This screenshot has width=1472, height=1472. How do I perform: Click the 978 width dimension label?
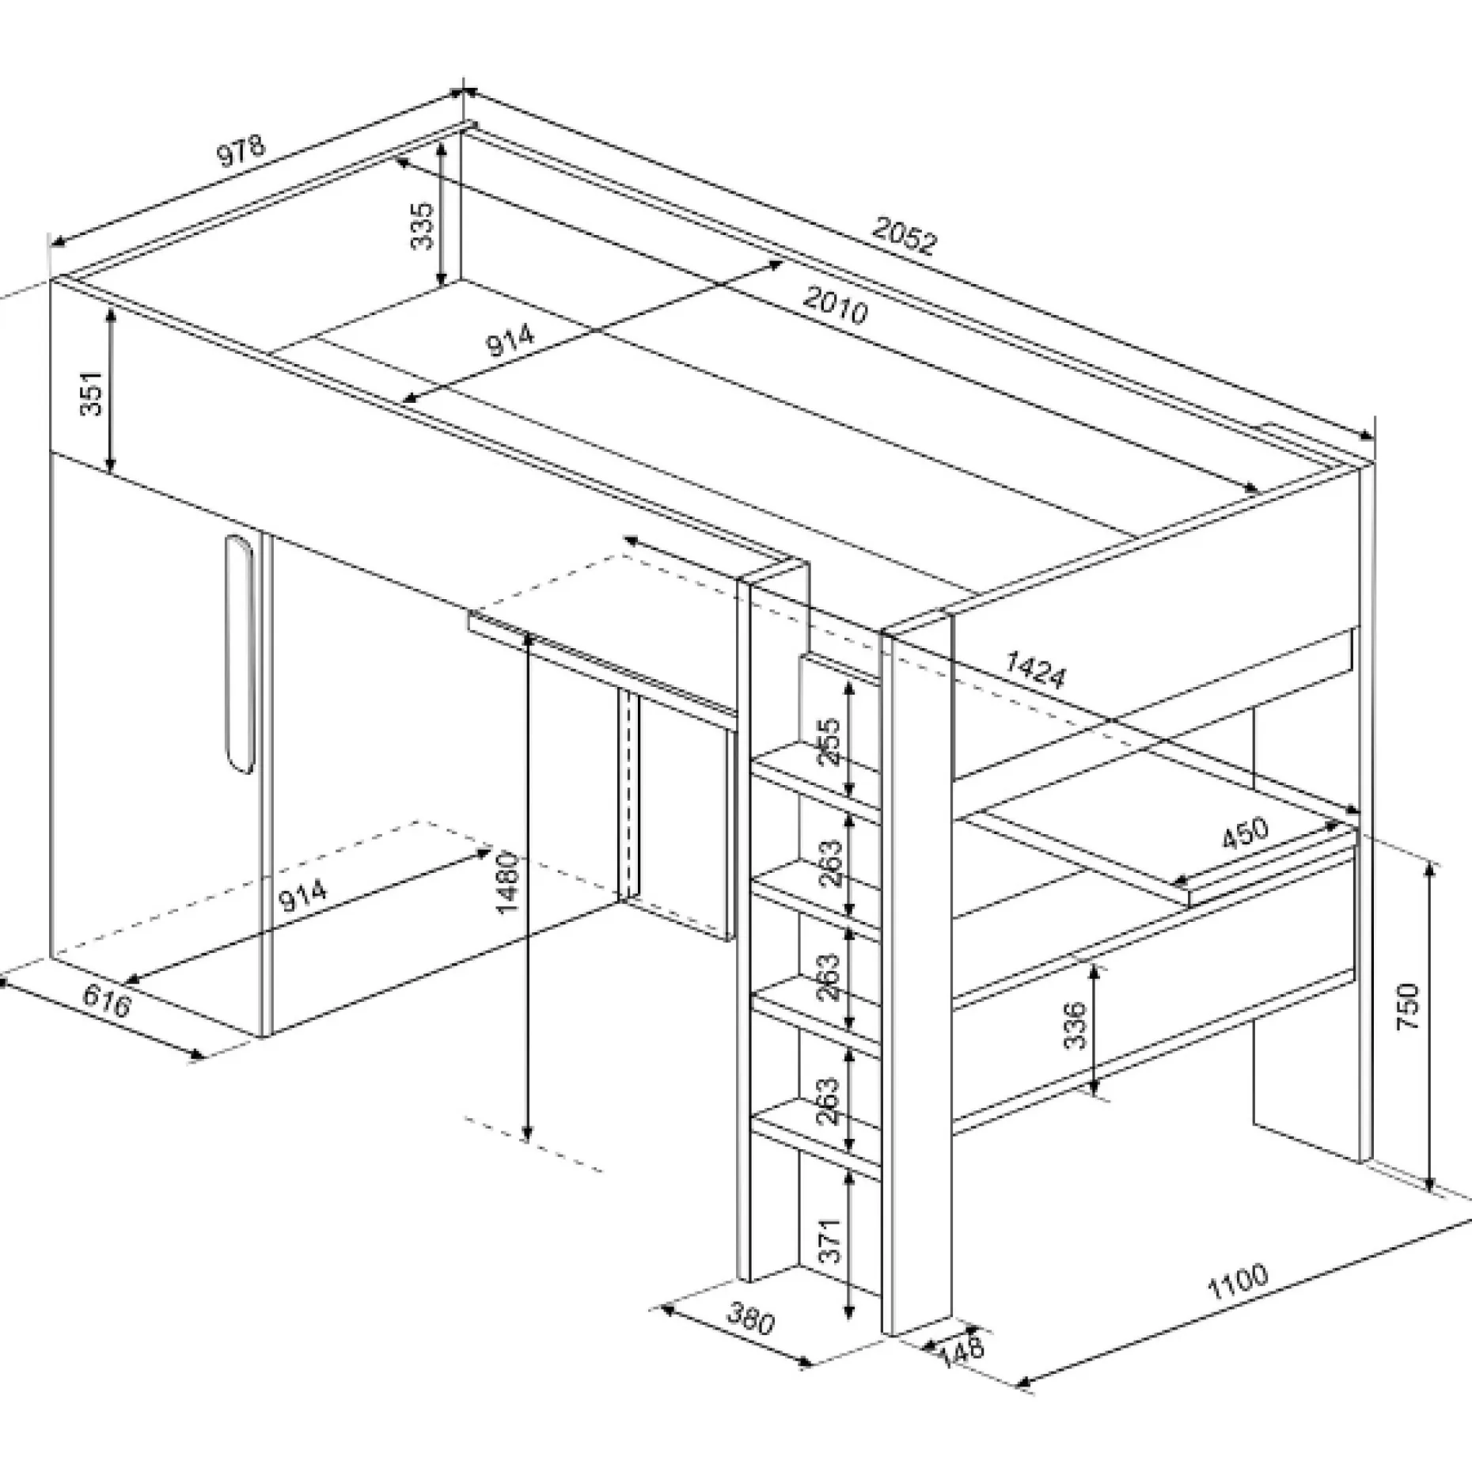tap(242, 151)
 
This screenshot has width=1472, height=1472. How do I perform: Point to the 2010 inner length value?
tap(836, 305)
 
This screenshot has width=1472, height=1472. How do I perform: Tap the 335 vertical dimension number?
tap(423, 226)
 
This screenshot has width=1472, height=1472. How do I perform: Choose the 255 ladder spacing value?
tap(829, 742)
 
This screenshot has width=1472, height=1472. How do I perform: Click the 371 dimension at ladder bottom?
tap(828, 1240)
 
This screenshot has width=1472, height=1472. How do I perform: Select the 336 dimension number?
tap(1075, 1025)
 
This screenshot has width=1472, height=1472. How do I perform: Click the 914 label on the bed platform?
tap(510, 340)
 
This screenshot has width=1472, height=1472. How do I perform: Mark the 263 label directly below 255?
tap(829, 863)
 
